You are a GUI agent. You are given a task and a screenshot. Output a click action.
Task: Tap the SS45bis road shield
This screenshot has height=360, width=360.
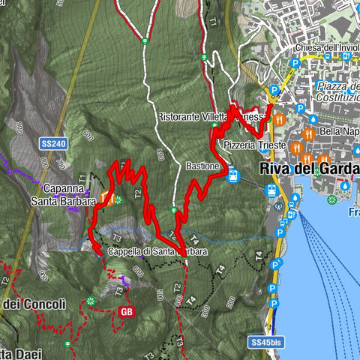pyautogui.click(x=267, y=342)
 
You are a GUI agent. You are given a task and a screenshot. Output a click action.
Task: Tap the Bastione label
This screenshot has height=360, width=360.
pyautogui.click(x=202, y=165)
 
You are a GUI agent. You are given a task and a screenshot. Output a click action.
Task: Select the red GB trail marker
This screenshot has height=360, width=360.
pyautogui.click(x=125, y=311)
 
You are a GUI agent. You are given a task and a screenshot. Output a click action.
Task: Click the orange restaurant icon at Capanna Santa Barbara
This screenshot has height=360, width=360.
pyautogui.click(x=105, y=200)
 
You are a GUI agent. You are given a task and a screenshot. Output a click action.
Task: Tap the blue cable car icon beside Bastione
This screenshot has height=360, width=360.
pyautogui.click(x=233, y=175)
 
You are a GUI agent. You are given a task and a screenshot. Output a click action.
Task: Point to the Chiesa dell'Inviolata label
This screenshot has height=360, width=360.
pyautogui.click(x=327, y=48)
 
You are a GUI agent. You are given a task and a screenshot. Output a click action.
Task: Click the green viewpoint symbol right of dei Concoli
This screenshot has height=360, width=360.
pyautogui.click(x=91, y=301)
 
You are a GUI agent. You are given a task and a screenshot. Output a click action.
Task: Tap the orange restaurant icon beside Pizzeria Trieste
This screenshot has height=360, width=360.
pyautogui.click(x=296, y=145)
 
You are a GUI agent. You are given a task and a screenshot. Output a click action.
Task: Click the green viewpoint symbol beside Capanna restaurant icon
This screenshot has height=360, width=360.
pyautogui.click(x=118, y=199)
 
